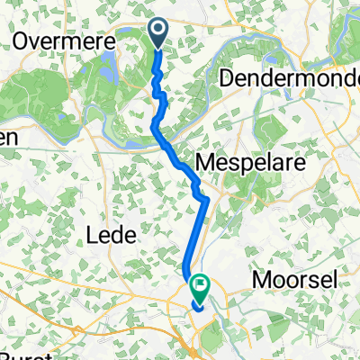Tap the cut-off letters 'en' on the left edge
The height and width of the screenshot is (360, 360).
pyautogui.click(x=7, y=138)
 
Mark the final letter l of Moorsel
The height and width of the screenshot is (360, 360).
pyautogui.click(x=336, y=280)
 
